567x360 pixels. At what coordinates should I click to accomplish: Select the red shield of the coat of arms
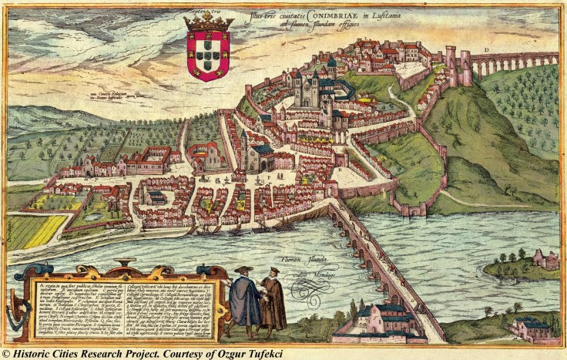pyautogui.click(x=208, y=55)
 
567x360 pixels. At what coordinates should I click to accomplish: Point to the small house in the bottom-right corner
pyautogui.click(x=532, y=328)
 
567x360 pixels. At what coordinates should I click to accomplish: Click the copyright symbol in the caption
pyautogui.click(x=7, y=353)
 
